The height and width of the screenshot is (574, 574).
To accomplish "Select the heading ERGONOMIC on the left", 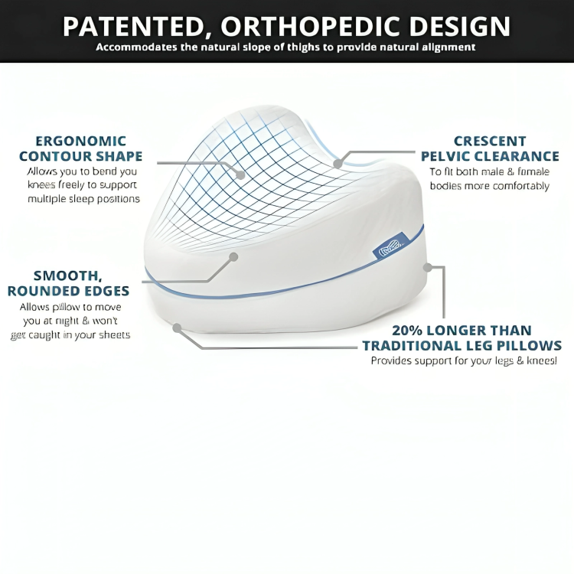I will [x=80, y=141].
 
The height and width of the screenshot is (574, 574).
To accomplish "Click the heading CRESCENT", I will [x=490, y=141].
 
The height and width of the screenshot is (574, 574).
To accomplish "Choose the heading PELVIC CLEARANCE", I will [x=490, y=157].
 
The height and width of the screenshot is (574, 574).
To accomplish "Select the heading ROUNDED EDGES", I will [x=68, y=292].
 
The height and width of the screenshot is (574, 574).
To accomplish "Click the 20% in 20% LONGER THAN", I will [x=409, y=331].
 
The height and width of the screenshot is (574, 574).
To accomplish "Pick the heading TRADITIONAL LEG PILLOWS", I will [x=462, y=346].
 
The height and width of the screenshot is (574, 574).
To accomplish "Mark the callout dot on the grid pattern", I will [x=240, y=174].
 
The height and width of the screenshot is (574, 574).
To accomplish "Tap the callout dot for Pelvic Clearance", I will [x=338, y=163].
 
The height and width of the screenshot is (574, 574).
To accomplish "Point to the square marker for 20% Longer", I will [x=428, y=268].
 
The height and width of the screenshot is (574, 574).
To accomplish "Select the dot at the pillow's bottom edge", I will [x=177, y=328].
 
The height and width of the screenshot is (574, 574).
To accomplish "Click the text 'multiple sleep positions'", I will [x=84, y=199].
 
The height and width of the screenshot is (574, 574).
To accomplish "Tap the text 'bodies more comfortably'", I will [x=490, y=186].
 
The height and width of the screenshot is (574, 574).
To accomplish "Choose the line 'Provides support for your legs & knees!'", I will [x=464, y=360].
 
